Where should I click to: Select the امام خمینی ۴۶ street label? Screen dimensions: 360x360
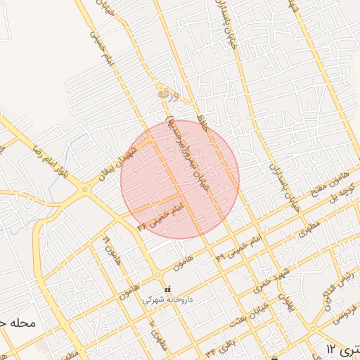point(160,214)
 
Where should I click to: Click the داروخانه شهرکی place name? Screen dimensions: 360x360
point(167,299)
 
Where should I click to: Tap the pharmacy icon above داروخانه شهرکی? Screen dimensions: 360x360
point(167,289)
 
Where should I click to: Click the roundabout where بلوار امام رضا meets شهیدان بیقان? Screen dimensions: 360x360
point(86,188)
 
